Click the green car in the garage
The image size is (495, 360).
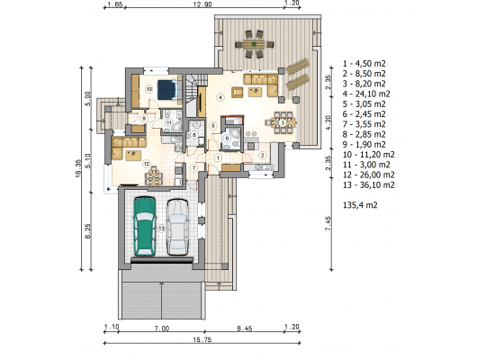pyautogui.click(x=145, y=226)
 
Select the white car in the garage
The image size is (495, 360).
pyautogui.click(x=177, y=227)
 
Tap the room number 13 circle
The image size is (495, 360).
pyautogui.click(x=161, y=229)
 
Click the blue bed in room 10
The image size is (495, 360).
pyautogui.click(x=166, y=90)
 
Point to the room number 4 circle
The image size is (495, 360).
pyautogui.click(x=220, y=97)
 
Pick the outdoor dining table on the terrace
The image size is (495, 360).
pyautogui.click(x=254, y=44)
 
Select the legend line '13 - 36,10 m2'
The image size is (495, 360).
pyautogui.click(x=369, y=184)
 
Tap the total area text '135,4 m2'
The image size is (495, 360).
pyautogui.click(x=360, y=205)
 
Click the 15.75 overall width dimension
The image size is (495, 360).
pyautogui.click(x=202, y=340)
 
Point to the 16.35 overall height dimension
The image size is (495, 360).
pyautogui.click(x=78, y=168)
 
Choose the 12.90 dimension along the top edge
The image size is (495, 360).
pyautogui.click(x=202, y=4)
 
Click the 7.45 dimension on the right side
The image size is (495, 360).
pyautogui.click(x=328, y=223)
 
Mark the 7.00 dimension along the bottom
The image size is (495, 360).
pyautogui.click(x=162, y=328)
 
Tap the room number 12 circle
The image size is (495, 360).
pyautogui.click(x=146, y=164)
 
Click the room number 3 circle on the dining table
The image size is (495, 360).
pyautogui.click(x=283, y=122)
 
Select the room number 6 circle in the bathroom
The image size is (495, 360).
pyautogui.click(x=227, y=139)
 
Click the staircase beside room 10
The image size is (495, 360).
pyautogui.click(x=193, y=95)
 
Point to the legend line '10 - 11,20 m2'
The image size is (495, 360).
pyautogui.click(x=369, y=155)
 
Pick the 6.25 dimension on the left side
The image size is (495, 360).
pyautogui.click(x=88, y=230)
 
